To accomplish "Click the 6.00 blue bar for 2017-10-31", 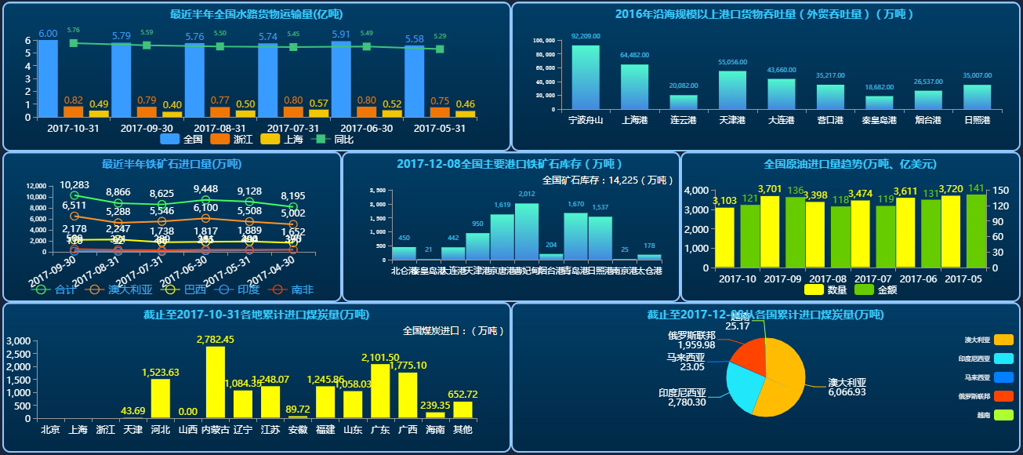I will point(48,78).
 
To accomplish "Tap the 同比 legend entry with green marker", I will point(333,139).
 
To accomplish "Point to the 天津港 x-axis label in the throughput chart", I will point(732,120).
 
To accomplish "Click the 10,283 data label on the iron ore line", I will point(74,185).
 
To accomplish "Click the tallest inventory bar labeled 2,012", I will point(526,231).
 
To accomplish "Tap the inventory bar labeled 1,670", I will point(575,236).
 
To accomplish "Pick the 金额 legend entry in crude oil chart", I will point(878,289).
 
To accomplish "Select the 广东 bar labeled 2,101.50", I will point(380,391).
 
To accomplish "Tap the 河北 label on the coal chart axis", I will point(160,429).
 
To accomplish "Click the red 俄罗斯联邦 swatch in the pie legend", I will point(1003,395).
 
